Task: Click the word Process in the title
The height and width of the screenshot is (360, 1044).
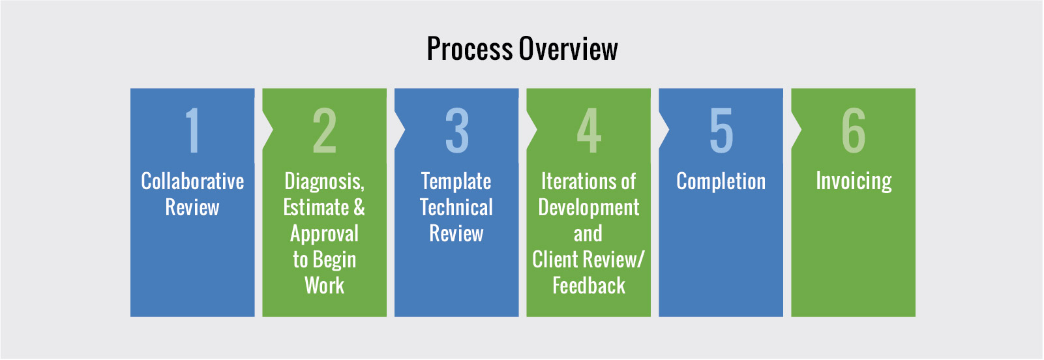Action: [x=470, y=49]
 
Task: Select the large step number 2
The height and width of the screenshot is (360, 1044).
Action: [x=324, y=130]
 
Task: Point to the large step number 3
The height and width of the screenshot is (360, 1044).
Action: [x=456, y=130]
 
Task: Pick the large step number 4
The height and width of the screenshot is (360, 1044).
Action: [x=589, y=130]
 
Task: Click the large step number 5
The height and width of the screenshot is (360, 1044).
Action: [x=721, y=130]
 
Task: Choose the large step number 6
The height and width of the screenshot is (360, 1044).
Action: [x=854, y=130]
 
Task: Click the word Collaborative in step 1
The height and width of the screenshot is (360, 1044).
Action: [x=192, y=181]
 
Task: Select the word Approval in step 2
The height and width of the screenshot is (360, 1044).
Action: [x=324, y=234]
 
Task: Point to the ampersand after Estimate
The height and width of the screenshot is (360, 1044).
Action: [x=359, y=207]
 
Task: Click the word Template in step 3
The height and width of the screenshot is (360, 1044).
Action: [x=456, y=181]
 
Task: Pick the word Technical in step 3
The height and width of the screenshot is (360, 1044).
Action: [x=456, y=207]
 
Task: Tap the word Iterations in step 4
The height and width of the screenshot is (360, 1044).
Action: [x=574, y=181]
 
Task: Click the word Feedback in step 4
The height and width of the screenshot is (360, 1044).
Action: [x=589, y=286]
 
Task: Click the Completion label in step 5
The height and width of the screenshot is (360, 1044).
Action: [x=721, y=182]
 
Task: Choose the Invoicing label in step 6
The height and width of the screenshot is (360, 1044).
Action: [x=854, y=181]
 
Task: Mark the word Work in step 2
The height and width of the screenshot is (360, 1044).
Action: [x=324, y=286]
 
